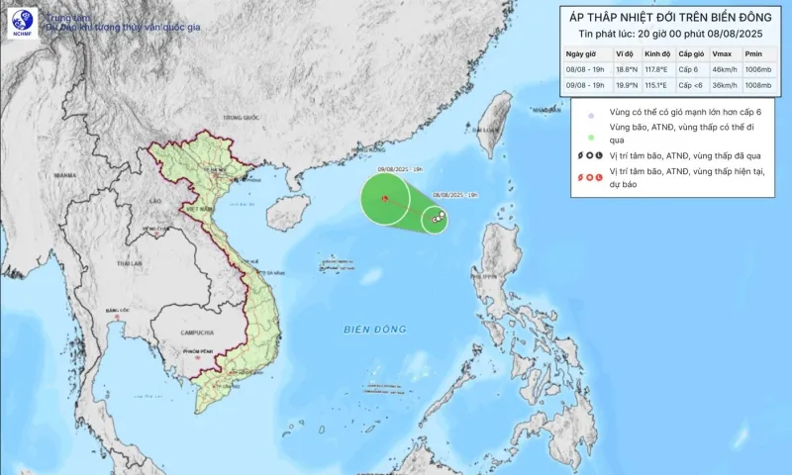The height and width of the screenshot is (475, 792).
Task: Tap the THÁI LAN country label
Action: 129,264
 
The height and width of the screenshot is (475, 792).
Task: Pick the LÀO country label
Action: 154,201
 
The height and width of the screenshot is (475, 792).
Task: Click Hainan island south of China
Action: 295,179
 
